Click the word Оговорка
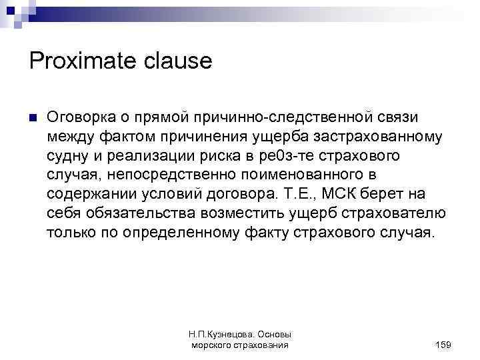click(x=79, y=117)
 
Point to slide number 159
click(x=442, y=344)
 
